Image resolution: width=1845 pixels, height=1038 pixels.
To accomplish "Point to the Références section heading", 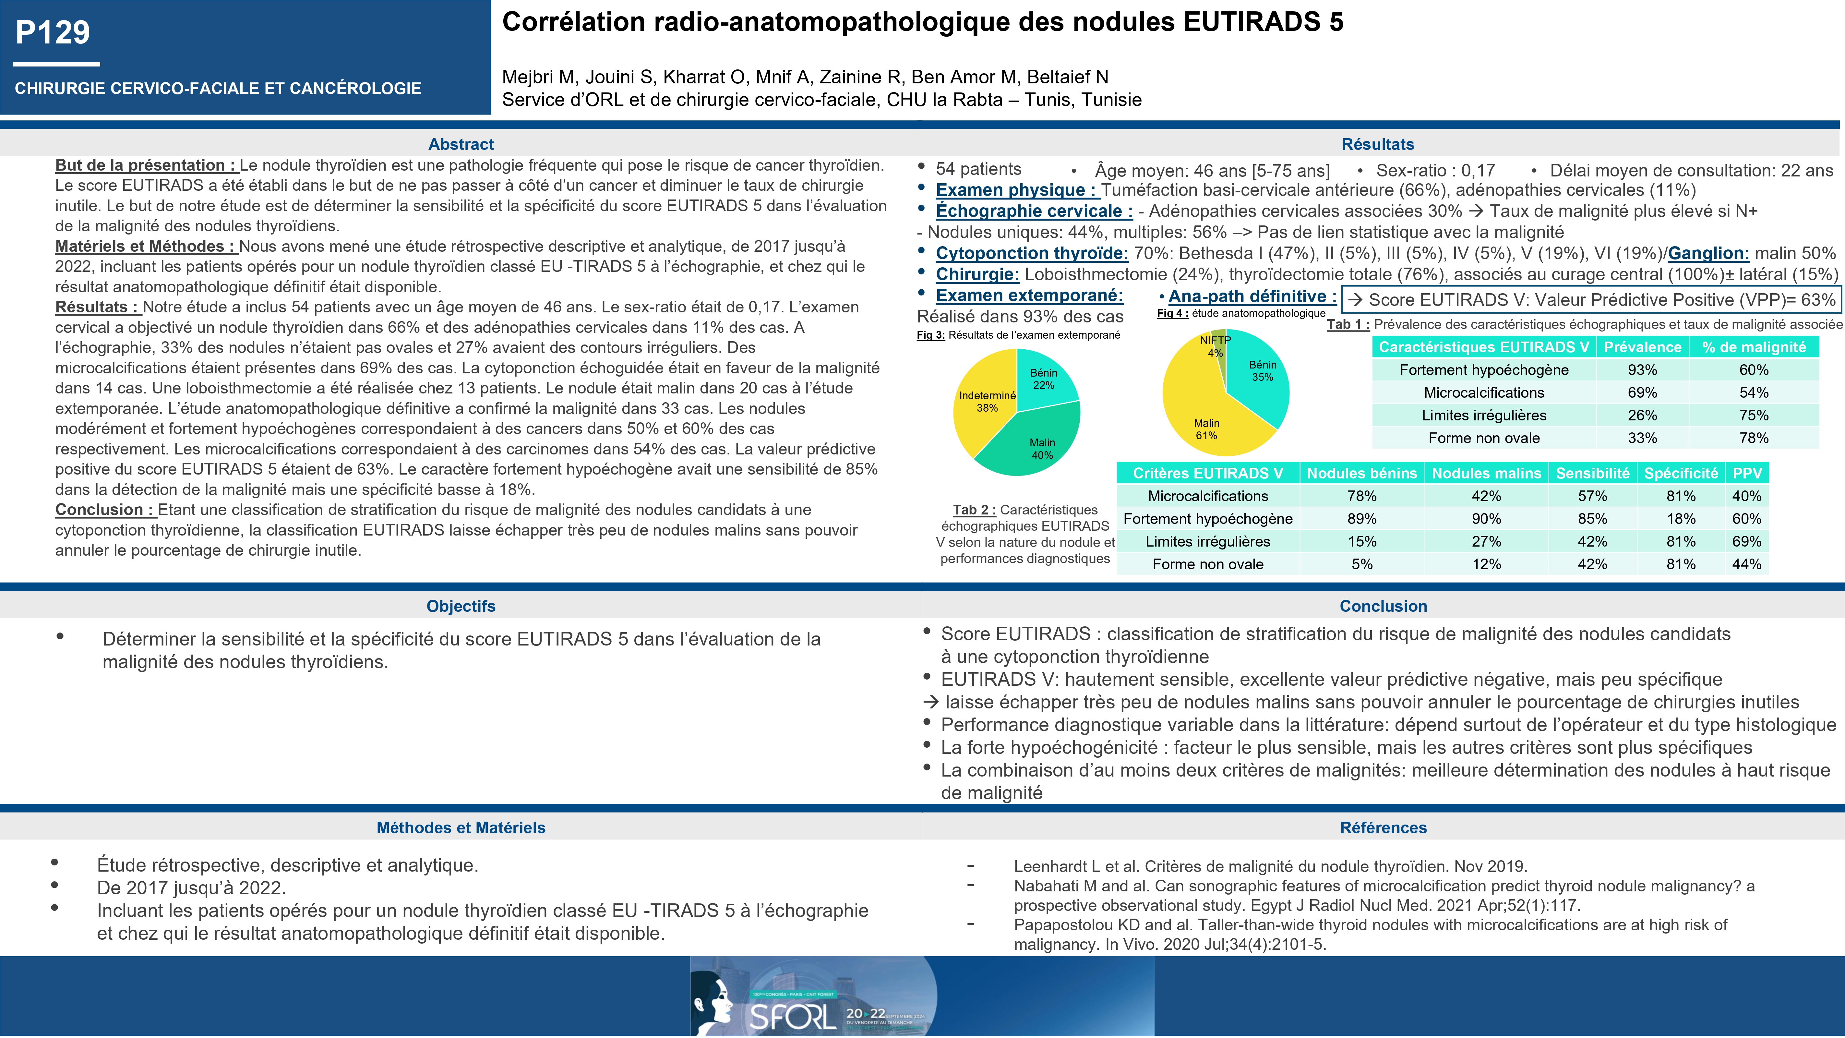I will tap(1383, 827).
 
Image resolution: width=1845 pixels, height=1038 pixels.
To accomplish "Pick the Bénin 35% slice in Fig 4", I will tap(1257, 380).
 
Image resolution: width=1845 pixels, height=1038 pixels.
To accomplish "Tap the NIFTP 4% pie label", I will tap(1216, 346).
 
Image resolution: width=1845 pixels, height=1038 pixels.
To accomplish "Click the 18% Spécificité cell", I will tap(1680, 519).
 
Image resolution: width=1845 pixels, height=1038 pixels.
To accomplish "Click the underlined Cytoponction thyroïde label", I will tap(1031, 254).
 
